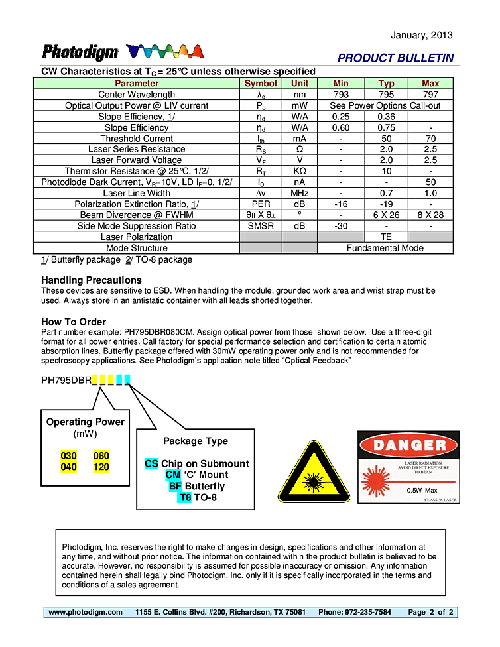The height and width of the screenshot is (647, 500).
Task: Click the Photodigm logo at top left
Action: [80, 52]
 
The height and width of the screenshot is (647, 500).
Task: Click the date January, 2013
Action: [422, 35]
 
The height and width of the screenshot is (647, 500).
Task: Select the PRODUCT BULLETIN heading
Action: [395, 58]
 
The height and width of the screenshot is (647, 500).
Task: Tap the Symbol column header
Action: [261, 84]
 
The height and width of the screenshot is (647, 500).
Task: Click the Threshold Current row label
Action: [137, 139]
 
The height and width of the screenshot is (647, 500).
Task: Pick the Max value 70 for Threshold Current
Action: [430, 139]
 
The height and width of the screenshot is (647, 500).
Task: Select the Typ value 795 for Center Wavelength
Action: [386, 95]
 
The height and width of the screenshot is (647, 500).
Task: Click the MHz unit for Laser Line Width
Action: [300, 193]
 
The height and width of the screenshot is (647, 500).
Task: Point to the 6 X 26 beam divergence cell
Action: [386, 215]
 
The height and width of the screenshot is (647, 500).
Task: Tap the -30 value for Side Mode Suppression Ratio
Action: [341, 226]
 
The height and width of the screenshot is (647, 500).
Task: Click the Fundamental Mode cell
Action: [385, 248]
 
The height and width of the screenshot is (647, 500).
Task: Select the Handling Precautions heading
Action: [92, 280]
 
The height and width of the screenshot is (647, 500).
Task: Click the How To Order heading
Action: [74, 322]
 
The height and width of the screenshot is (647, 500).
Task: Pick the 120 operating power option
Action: [101, 467]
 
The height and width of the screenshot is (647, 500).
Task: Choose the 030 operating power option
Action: [69, 456]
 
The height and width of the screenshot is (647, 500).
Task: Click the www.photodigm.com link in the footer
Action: [86, 612]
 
